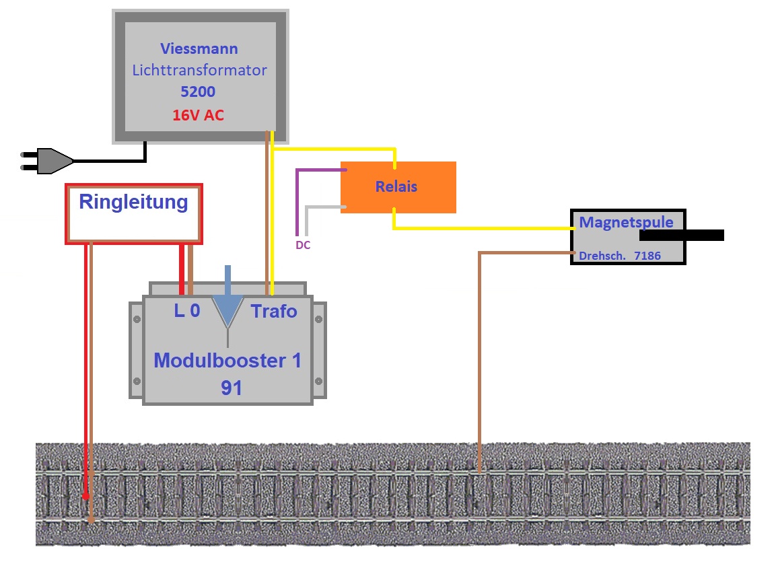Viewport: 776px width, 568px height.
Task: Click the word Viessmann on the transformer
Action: click(x=199, y=49)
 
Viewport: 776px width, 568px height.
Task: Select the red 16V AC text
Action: click(x=198, y=115)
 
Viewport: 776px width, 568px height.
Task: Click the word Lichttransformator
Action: click(x=199, y=70)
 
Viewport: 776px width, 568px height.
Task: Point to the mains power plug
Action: click(x=48, y=161)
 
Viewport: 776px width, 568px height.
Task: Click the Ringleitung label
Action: click(x=133, y=202)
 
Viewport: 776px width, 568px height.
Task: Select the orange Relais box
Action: click(x=398, y=187)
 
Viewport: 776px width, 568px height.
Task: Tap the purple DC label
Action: click(x=303, y=245)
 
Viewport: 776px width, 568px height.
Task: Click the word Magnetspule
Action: click(x=626, y=221)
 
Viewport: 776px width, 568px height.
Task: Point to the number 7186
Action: click(x=647, y=256)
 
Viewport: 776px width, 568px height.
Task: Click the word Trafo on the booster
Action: click(x=274, y=311)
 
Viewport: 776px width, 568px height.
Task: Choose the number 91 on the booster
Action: click(x=231, y=388)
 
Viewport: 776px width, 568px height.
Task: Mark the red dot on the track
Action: click(x=85, y=497)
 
